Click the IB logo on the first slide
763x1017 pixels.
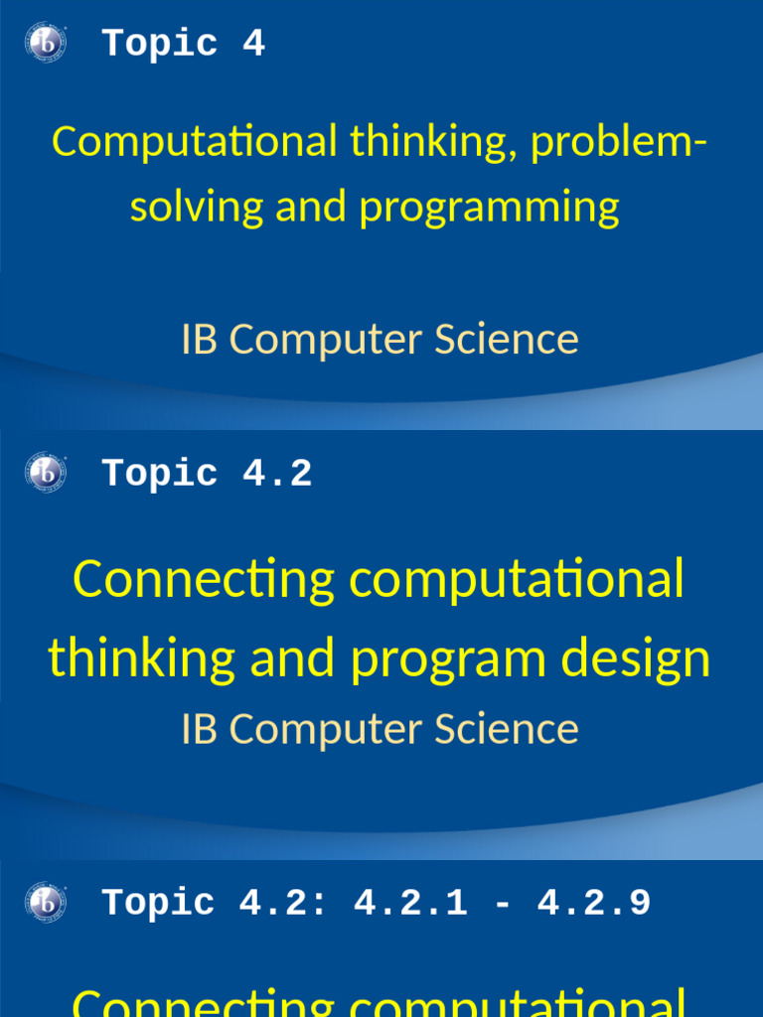(x=45, y=43)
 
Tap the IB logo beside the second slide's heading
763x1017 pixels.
(x=45, y=473)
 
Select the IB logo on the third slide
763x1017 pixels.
(x=45, y=903)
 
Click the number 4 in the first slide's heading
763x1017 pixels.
(x=253, y=44)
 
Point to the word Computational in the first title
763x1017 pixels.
(x=195, y=142)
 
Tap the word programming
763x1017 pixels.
(x=489, y=207)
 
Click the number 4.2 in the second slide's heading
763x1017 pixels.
(x=277, y=474)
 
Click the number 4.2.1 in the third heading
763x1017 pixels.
(x=410, y=904)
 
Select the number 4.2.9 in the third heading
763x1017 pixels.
(x=594, y=904)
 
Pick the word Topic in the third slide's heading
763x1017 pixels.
(x=159, y=904)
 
